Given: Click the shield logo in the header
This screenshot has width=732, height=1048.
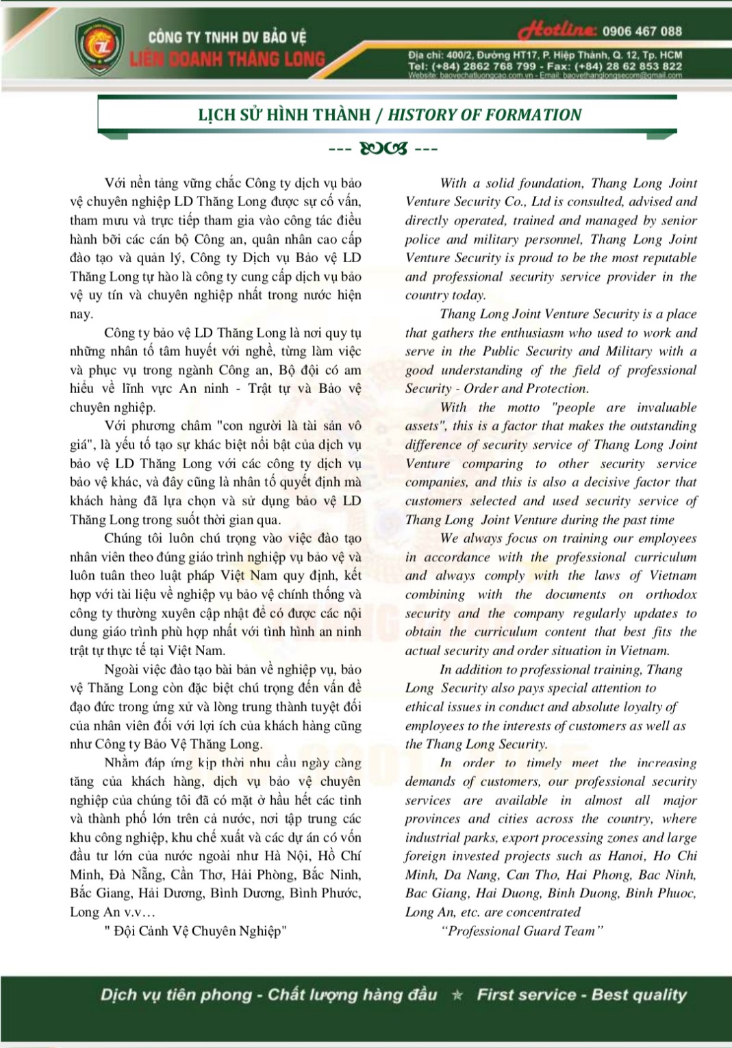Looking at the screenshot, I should (x=99, y=47).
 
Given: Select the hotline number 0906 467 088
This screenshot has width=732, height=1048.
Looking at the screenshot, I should (x=642, y=31).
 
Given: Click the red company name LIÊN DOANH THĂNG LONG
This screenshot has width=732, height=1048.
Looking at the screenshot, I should (x=228, y=59).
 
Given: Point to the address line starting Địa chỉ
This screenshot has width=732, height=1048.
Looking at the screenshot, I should (x=545, y=55).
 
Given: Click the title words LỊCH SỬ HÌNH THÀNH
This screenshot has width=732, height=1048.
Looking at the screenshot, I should (x=284, y=115).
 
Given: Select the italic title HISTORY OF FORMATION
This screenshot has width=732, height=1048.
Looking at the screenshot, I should (x=485, y=115).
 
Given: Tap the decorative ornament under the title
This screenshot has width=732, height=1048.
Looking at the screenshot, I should (x=383, y=148).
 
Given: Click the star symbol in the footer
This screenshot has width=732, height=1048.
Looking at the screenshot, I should (x=457, y=995).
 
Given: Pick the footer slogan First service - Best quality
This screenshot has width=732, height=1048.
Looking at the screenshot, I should (x=581, y=995).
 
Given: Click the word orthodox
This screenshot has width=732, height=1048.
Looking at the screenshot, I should (x=671, y=594).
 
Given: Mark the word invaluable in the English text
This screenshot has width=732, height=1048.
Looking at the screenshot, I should (x=666, y=407).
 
